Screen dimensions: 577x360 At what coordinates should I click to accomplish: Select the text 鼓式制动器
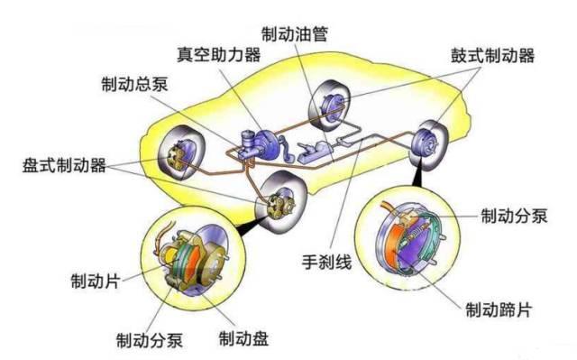click(492, 56)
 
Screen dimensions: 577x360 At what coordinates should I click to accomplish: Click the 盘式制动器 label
click(65, 166)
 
